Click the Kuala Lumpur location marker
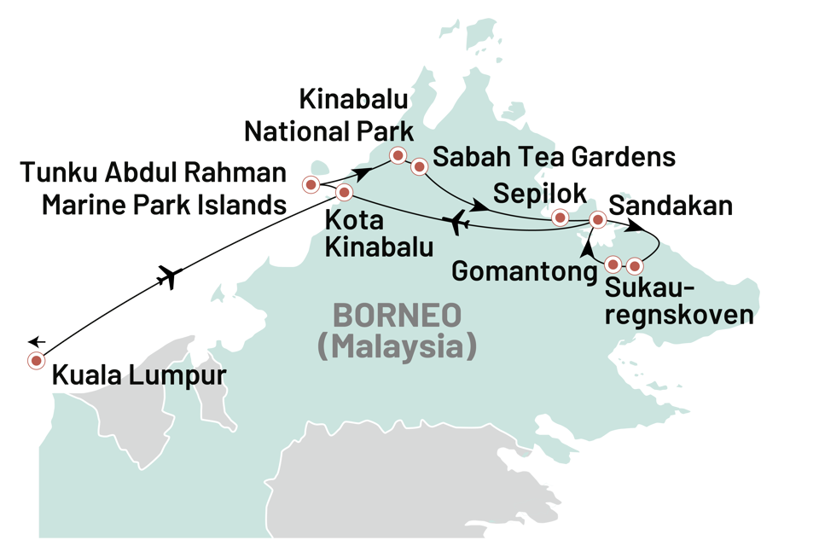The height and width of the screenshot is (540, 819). pyautogui.click(x=37, y=361)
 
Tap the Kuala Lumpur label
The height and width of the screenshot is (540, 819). pyautogui.click(x=138, y=375)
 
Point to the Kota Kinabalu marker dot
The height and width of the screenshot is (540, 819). pyautogui.click(x=343, y=193)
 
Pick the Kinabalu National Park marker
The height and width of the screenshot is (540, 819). pyautogui.click(x=397, y=155)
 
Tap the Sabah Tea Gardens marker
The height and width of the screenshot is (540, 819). pyautogui.click(x=419, y=166)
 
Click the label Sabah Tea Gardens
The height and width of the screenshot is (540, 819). pyautogui.click(x=555, y=157)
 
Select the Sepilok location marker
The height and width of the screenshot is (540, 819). pyautogui.click(x=560, y=218)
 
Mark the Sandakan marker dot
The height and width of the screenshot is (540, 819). pyautogui.click(x=598, y=221)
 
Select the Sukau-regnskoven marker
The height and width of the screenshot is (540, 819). pyautogui.click(x=634, y=264)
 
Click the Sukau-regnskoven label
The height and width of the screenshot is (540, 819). pyautogui.click(x=679, y=301)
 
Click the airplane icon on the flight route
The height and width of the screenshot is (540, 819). pyautogui.click(x=458, y=222)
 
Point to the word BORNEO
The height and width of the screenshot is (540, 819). pyautogui.click(x=397, y=316)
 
